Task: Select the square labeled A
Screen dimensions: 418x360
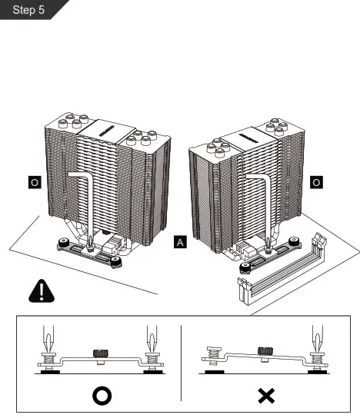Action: tap(180, 243)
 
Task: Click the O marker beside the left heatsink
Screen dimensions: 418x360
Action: tap(34, 182)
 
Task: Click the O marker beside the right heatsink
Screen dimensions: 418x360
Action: tap(316, 182)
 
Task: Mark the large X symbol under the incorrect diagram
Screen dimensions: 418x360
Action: tap(266, 396)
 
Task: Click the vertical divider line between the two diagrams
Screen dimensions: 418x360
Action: tap(181, 361)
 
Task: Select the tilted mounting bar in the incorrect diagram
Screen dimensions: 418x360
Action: tap(262, 360)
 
